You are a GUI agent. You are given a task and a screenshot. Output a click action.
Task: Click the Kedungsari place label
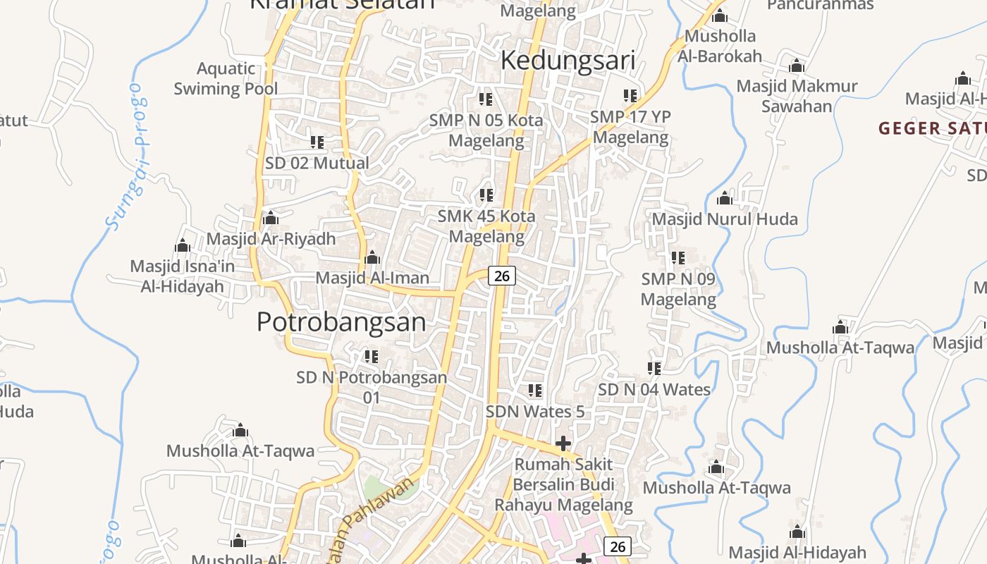point(568,61)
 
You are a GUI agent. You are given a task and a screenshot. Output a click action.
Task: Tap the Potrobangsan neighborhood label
point(341,322)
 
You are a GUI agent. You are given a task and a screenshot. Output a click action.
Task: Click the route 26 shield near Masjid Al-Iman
point(501,276)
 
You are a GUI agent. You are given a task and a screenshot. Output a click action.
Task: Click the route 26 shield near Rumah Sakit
point(617,546)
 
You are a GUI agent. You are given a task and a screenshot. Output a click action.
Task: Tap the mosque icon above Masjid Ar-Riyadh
point(271,219)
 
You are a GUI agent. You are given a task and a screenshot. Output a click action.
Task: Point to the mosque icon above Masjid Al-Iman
point(372,258)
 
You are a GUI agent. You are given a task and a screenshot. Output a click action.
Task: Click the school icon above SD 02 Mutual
point(317,142)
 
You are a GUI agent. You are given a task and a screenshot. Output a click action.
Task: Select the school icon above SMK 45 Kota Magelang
point(486,195)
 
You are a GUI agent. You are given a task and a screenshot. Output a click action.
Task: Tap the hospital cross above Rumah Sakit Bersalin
point(563,443)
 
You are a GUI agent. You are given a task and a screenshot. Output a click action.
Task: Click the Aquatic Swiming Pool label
point(226,78)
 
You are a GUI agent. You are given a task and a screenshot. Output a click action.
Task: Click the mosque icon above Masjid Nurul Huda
point(724,199)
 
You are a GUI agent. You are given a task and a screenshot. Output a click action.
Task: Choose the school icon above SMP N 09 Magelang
point(678,258)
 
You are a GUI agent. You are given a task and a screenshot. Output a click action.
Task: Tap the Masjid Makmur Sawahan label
point(797,96)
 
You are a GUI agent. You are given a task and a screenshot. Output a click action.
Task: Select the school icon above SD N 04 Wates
point(654,369)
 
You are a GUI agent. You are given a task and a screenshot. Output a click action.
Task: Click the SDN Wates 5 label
point(535,411)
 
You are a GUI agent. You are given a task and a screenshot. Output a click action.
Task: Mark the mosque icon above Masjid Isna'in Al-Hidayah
point(183,246)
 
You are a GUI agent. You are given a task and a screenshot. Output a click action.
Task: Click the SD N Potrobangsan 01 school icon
point(372,357)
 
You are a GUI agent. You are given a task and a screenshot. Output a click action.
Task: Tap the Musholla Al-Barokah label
point(720,46)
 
